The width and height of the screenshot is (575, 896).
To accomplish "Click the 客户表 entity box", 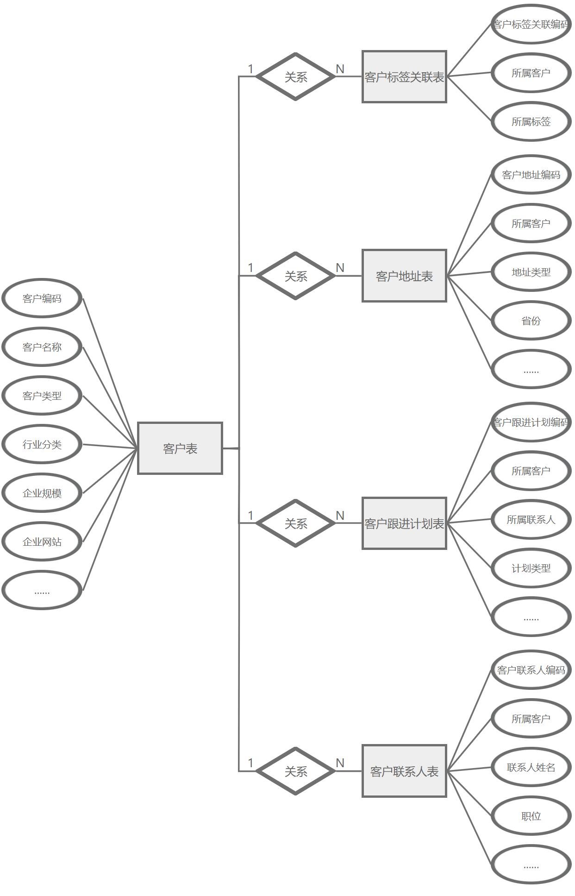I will pos(180,448).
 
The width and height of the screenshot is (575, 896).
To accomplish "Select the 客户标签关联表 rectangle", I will pos(404,77).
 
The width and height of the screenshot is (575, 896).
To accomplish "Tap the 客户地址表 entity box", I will pos(404,276).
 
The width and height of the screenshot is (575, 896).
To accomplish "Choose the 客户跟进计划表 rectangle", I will pos(404,524).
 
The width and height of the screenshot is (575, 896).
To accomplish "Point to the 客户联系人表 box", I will pos(404,771).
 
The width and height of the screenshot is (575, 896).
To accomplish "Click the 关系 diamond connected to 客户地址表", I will pos(295,276).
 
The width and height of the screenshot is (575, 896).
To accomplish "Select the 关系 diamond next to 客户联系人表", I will pos(295,771).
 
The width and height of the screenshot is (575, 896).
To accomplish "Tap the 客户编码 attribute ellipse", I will pos(42,298).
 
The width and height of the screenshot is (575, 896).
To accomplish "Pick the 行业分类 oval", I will pos(42,444).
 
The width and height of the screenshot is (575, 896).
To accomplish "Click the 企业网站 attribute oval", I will pos(42,542).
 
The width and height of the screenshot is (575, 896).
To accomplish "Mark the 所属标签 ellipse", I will pos(531,121).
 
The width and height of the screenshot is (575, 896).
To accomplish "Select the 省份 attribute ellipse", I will pos(531,321).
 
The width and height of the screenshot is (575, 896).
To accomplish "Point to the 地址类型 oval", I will pos(531,272).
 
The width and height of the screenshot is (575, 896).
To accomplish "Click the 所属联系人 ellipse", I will pos(531,519).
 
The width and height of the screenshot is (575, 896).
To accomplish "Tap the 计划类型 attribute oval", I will pos(531,568).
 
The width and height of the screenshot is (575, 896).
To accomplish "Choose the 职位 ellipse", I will pos(531,816).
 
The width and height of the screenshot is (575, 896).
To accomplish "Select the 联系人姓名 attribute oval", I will pos(531,767).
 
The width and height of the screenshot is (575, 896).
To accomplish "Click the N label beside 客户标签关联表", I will pos(340,69).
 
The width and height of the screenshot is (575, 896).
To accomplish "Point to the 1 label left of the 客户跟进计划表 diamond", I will pos(250,515).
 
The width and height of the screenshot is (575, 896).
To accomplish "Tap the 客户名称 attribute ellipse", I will pos(42,347).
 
